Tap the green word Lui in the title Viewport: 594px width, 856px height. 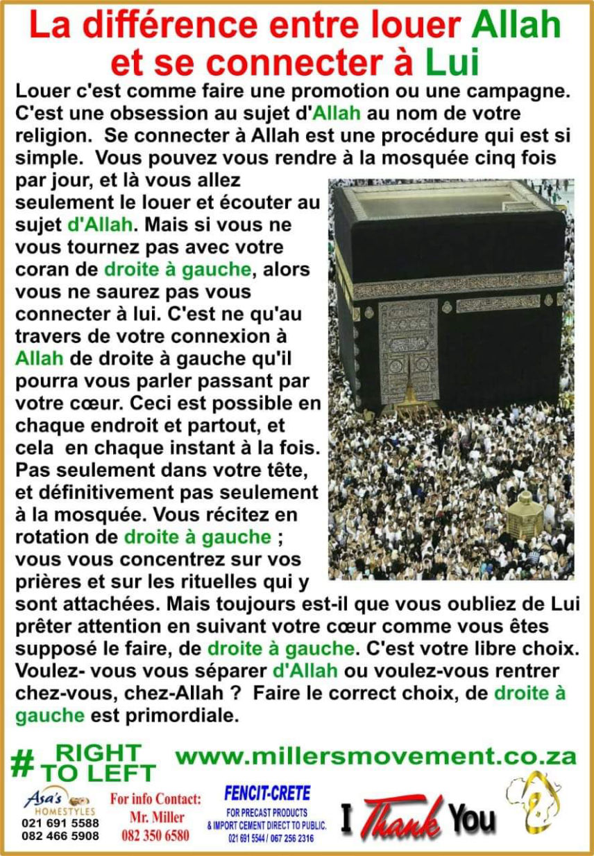452,62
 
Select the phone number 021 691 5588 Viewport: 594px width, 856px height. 60,823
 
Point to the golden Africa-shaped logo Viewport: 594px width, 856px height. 532,804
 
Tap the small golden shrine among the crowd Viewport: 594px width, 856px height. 525,514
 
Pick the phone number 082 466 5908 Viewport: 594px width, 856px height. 60,836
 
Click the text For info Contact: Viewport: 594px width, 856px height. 156,799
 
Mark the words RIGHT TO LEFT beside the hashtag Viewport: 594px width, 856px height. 98,763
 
